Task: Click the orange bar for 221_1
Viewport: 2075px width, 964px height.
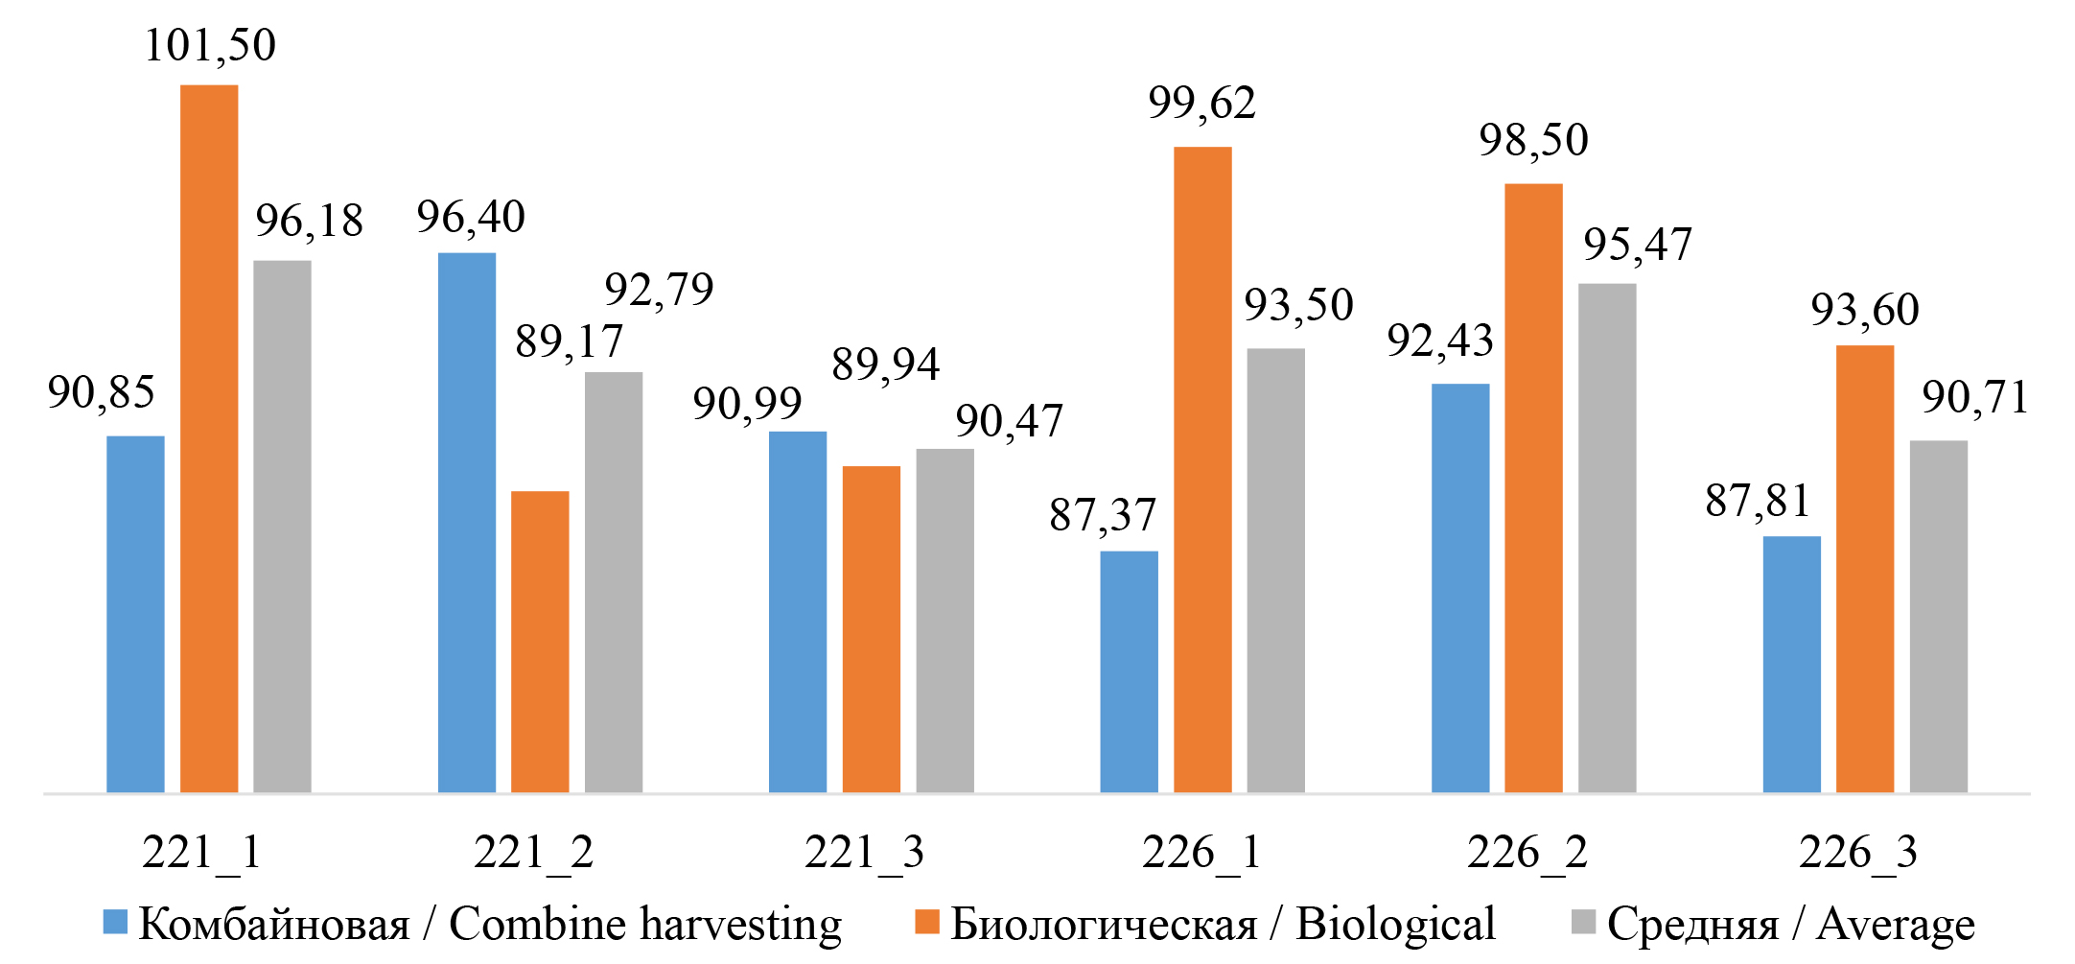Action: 209,438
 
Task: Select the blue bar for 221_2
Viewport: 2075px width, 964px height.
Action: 467,523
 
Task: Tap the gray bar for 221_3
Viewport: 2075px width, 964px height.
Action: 944,621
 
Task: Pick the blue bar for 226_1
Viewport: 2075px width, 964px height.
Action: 1129,671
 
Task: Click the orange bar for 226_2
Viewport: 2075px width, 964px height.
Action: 1533,487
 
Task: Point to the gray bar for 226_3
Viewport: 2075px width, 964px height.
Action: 1938,616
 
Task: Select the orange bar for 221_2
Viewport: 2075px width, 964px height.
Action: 540,642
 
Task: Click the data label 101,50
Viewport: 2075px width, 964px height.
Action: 210,45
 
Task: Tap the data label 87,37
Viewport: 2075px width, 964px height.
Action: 1103,515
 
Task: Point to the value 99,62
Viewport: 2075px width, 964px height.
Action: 1202,103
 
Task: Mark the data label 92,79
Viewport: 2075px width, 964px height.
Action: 659,289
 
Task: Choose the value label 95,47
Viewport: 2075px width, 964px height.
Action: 1638,244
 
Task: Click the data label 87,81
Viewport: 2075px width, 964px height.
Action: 1758,501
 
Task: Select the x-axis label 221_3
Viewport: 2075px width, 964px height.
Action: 864,852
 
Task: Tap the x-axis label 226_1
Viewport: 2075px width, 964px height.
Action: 1201,852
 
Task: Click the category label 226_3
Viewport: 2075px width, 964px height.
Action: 1857,852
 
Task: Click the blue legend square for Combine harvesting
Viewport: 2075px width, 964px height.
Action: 115,922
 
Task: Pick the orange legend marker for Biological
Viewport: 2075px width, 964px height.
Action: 926,922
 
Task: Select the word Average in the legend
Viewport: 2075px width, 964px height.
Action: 1896,925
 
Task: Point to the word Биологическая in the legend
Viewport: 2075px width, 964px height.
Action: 1104,925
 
